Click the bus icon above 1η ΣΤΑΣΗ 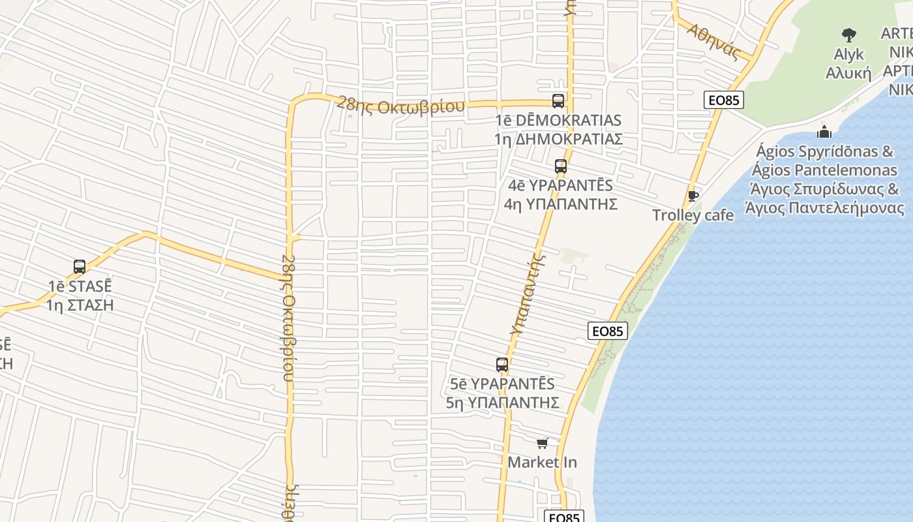80,266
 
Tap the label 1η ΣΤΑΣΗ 80,305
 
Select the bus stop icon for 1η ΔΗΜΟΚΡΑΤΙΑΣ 558,100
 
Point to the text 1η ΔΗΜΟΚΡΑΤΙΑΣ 558,139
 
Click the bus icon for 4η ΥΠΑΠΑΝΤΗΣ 561,166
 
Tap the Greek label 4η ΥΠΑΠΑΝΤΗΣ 561,204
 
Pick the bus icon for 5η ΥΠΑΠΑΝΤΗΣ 502,364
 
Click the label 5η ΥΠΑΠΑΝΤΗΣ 502,403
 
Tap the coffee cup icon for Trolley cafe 693,196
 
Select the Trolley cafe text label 693,215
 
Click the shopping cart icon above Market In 542,444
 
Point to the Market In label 542,463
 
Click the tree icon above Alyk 848,35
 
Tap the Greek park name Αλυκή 848,72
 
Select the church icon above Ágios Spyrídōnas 824,132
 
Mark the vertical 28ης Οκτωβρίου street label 288,317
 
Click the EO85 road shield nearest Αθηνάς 724,100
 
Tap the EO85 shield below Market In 563,517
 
